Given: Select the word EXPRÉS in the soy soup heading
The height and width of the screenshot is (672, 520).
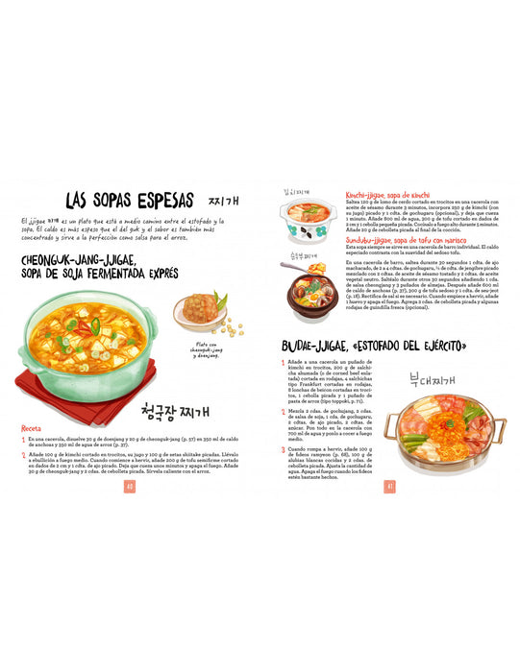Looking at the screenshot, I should point(158,274).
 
